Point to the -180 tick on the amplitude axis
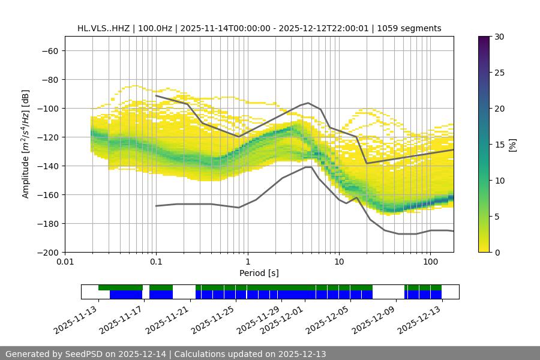pyautogui.click(x=47, y=224)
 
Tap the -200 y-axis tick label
pyautogui.click(x=47, y=253)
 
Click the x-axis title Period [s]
pyautogui.click(x=259, y=273)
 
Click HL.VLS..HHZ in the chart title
pyautogui.click(x=104, y=28)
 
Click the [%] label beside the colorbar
pyautogui.click(x=512, y=145)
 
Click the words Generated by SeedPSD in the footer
pyautogui.click(x=57, y=354)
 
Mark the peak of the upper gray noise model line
pyautogui.click(x=308, y=103)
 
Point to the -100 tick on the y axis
pyautogui.click(x=47, y=109)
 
